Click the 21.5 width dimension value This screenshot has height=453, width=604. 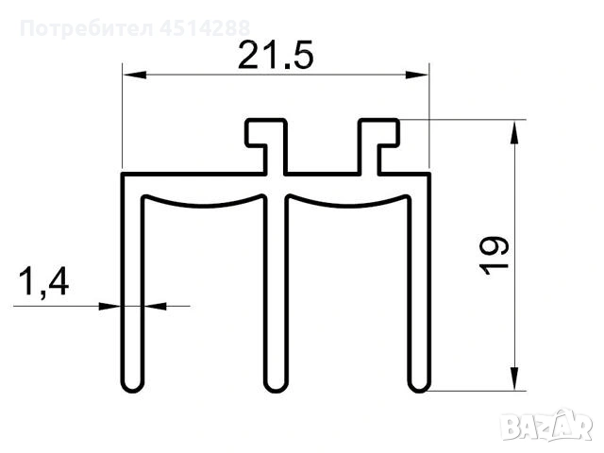pos(276,55)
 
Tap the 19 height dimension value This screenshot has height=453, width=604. pos(495,256)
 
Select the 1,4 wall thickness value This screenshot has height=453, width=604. pos(44,282)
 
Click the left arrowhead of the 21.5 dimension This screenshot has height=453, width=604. pos(134,75)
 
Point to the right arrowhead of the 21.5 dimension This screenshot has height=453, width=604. pos(417,75)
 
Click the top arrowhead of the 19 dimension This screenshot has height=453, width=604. pos(513,132)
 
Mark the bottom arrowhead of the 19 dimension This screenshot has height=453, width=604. pos(513,378)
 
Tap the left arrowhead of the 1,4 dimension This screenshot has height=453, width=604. pos(110,307)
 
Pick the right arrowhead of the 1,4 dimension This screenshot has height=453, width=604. pos(155,307)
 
